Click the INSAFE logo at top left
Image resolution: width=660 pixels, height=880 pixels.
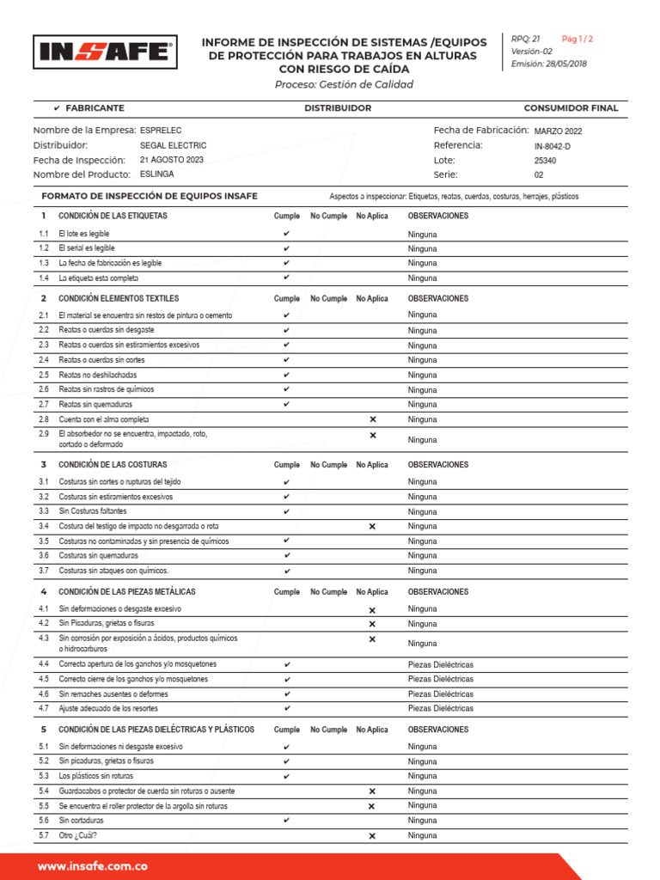click(x=105, y=52)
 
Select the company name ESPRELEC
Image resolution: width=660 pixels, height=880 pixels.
click(x=161, y=130)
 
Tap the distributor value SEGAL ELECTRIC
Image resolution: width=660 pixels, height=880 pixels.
click(x=173, y=145)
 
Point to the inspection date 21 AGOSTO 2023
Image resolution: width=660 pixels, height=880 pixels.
click(x=171, y=160)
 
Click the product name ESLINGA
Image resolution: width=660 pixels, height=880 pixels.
click(x=156, y=174)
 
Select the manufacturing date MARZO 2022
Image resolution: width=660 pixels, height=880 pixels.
click(x=558, y=131)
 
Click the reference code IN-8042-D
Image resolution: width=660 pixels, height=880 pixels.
click(x=552, y=146)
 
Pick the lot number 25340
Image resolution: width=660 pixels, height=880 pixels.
click(x=545, y=161)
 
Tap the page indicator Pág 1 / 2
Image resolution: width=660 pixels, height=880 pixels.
click(x=577, y=39)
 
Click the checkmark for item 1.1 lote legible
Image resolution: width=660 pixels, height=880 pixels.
click(x=286, y=234)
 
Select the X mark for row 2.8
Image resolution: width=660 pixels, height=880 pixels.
click(x=372, y=419)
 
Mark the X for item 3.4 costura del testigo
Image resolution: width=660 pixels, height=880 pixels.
click(x=372, y=526)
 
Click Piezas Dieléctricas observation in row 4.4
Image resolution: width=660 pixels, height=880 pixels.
click(x=440, y=664)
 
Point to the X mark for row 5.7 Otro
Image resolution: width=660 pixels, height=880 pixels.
click(x=372, y=835)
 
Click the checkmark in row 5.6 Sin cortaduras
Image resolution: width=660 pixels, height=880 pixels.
click(x=286, y=821)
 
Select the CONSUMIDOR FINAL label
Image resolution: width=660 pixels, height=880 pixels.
click(x=571, y=108)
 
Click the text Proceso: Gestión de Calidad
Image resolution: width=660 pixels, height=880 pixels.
click(x=344, y=84)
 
